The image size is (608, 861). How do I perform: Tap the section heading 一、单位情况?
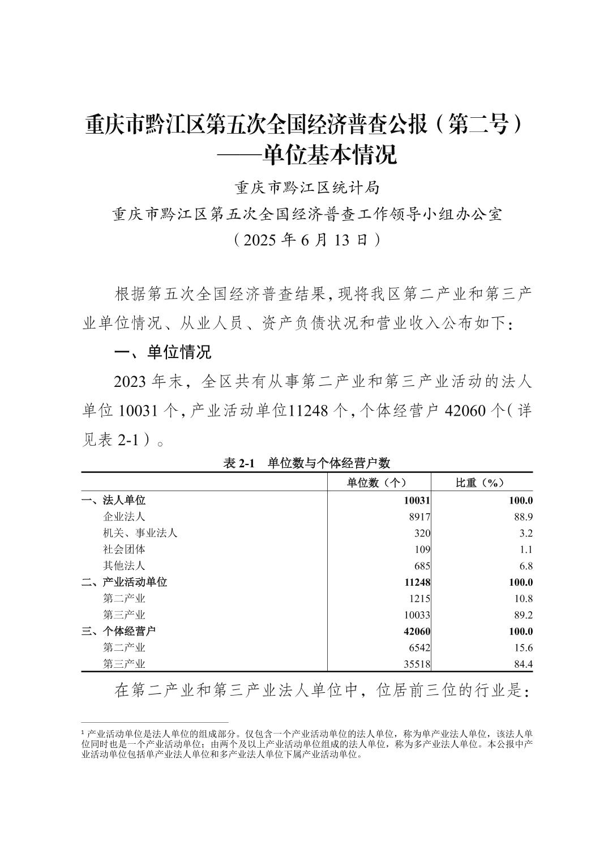[x=163, y=352]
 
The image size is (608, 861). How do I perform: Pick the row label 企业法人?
[x=124, y=517]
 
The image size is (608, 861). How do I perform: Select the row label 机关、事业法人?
[x=140, y=533]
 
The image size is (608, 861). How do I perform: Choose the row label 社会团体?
[x=124, y=549]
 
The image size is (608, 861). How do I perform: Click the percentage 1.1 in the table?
[x=525, y=549]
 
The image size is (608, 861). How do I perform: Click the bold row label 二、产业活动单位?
[x=124, y=582]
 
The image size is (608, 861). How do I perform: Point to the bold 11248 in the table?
[x=417, y=582]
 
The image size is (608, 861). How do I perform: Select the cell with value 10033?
[x=417, y=615]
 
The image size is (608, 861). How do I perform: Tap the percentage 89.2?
[x=523, y=615]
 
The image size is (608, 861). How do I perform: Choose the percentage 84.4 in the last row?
[x=523, y=664]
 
